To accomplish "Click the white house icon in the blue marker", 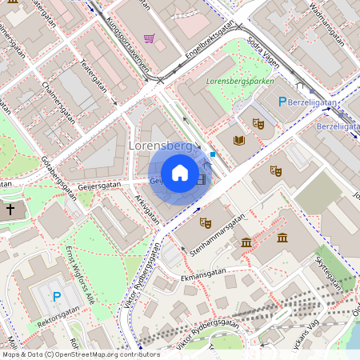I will pos(180,173).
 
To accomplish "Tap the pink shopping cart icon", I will pos(149,38).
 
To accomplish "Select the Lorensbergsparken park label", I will pos(240,81).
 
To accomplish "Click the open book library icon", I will pos(238,140).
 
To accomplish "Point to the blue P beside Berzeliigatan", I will pos(282,102).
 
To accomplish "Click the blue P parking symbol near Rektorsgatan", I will pos(56,297).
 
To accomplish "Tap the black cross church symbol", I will pos(10,210).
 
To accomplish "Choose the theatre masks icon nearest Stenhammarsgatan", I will pos(205,222).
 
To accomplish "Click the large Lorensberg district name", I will pos(161,146).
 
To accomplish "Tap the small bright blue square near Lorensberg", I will pos(213,154).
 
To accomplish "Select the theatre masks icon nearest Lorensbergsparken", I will pos(258,123).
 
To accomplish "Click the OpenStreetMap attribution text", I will pos(80,354).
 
